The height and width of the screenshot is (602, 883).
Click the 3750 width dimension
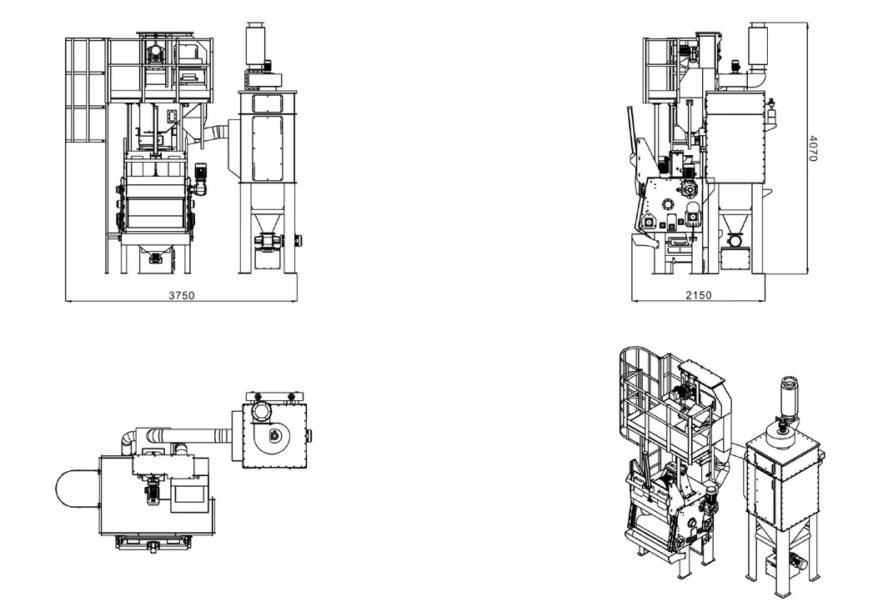[181, 295]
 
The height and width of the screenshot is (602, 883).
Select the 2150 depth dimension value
[698, 295]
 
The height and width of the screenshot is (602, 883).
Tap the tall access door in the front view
[267, 147]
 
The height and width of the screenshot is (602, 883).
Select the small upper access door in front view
[267, 103]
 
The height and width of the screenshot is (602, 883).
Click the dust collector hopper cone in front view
[267, 220]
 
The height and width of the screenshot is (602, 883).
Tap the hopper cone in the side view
[734, 222]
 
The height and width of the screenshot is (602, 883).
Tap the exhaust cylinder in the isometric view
[787, 396]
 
